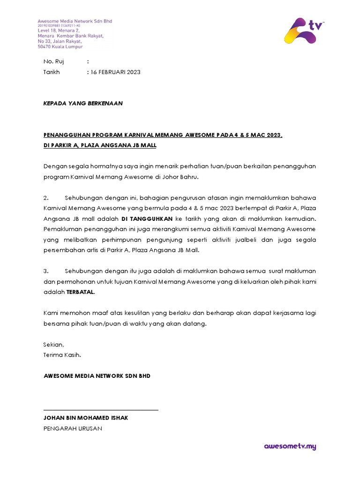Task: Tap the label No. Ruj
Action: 53,61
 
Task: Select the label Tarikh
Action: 52,72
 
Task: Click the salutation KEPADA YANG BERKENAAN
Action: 83,103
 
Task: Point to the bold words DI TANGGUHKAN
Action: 147,218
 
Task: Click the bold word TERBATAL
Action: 80,292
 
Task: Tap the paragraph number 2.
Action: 46,197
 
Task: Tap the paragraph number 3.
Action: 46,271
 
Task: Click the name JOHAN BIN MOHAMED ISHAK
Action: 86,418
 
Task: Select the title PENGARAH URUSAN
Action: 73,428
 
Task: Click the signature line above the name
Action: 101,410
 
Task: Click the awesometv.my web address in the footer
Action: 290,446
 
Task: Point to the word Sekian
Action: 53,345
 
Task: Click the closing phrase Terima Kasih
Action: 62,355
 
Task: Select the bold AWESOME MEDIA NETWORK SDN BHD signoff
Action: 97,376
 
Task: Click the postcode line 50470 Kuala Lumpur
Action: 60,47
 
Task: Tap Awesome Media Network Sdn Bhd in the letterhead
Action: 75,21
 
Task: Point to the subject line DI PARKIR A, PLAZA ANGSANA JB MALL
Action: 100,145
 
